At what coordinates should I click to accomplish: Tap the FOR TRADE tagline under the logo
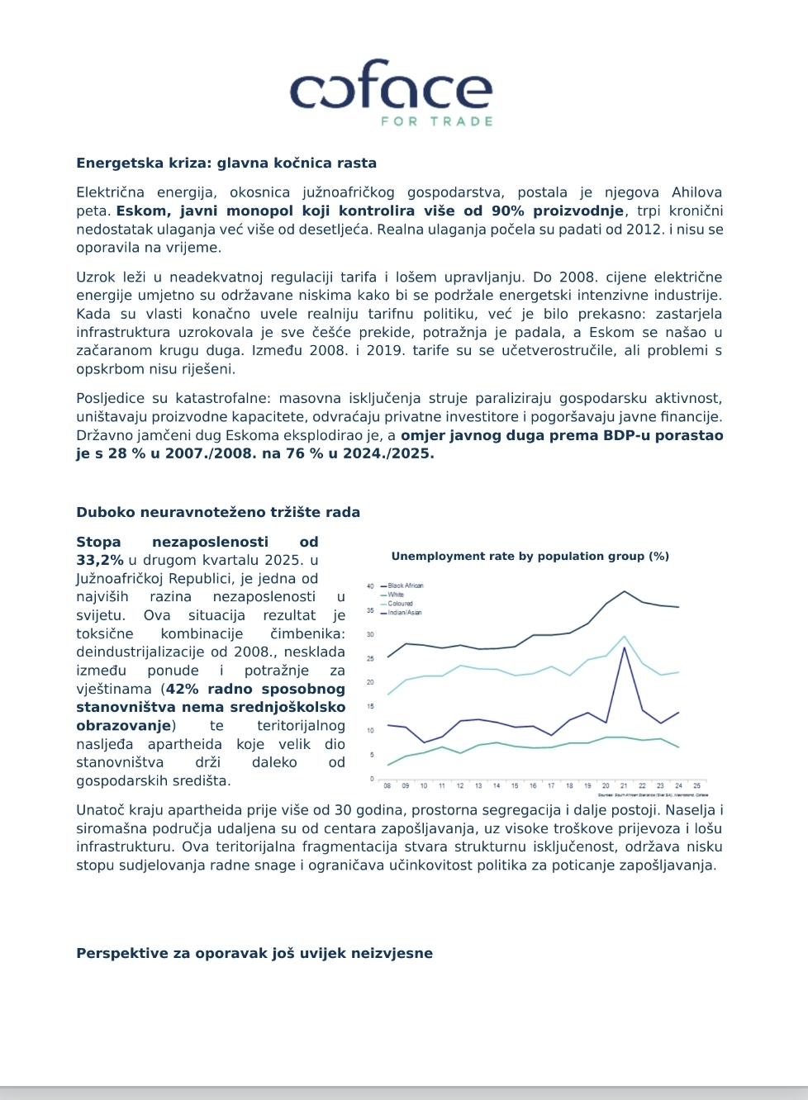pyautogui.click(x=436, y=121)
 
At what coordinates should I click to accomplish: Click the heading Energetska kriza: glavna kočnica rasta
pyautogui.click(x=226, y=164)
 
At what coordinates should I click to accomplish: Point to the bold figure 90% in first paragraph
pyautogui.click(x=508, y=211)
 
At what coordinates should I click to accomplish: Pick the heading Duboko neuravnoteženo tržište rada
pyautogui.click(x=218, y=512)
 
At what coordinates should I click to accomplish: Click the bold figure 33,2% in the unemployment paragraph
pyautogui.click(x=100, y=560)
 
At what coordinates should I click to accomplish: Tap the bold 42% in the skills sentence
pyautogui.click(x=183, y=689)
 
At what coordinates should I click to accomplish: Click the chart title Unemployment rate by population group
pyautogui.click(x=530, y=557)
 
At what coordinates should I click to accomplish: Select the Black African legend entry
pyautogui.click(x=405, y=586)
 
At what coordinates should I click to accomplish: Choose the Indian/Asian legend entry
pyautogui.click(x=404, y=613)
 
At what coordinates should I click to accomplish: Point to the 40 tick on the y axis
pyautogui.click(x=371, y=586)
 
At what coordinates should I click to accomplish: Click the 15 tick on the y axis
pyautogui.click(x=371, y=707)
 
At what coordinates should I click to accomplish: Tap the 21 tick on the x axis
pyautogui.click(x=624, y=786)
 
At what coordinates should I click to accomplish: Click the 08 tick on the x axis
pyautogui.click(x=387, y=786)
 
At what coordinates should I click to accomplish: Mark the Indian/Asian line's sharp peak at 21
pyautogui.click(x=624, y=647)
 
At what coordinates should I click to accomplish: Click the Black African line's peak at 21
pyautogui.click(x=624, y=591)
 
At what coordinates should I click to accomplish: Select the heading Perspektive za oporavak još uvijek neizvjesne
pyautogui.click(x=254, y=953)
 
